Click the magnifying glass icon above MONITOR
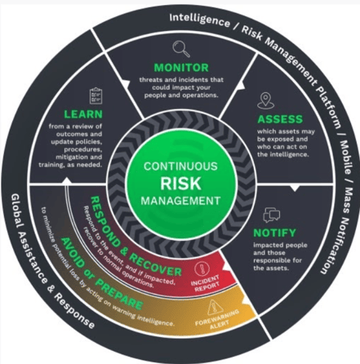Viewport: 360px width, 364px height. point(181,48)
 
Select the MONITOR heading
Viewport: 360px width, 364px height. point(181,68)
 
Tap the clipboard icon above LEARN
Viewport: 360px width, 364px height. point(96,95)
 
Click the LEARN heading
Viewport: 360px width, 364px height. point(83,114)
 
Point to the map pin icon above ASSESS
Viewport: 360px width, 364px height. point(265,100)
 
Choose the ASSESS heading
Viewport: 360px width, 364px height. point(280,119)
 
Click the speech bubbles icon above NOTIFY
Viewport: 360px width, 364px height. point(272,215)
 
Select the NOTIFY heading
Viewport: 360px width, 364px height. point(274,233)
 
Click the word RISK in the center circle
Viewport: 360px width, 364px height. point(180,184)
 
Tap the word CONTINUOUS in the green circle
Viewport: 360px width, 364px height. point(180,166)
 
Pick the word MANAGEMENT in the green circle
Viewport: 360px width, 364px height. point(180,201)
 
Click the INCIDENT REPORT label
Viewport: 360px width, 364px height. point(206,283)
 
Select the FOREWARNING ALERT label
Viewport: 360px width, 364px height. point(217,319)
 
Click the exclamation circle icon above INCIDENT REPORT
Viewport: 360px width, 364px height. point(202,269)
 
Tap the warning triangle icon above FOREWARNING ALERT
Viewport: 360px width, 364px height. point(215,308)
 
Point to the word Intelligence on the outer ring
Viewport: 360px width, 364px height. point(199,20)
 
